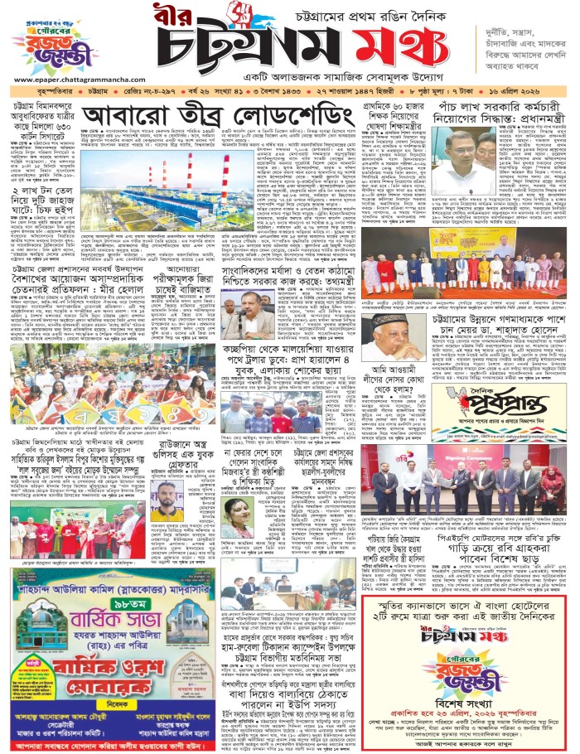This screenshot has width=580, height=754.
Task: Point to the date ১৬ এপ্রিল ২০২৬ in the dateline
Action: [x=540, y=89]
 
